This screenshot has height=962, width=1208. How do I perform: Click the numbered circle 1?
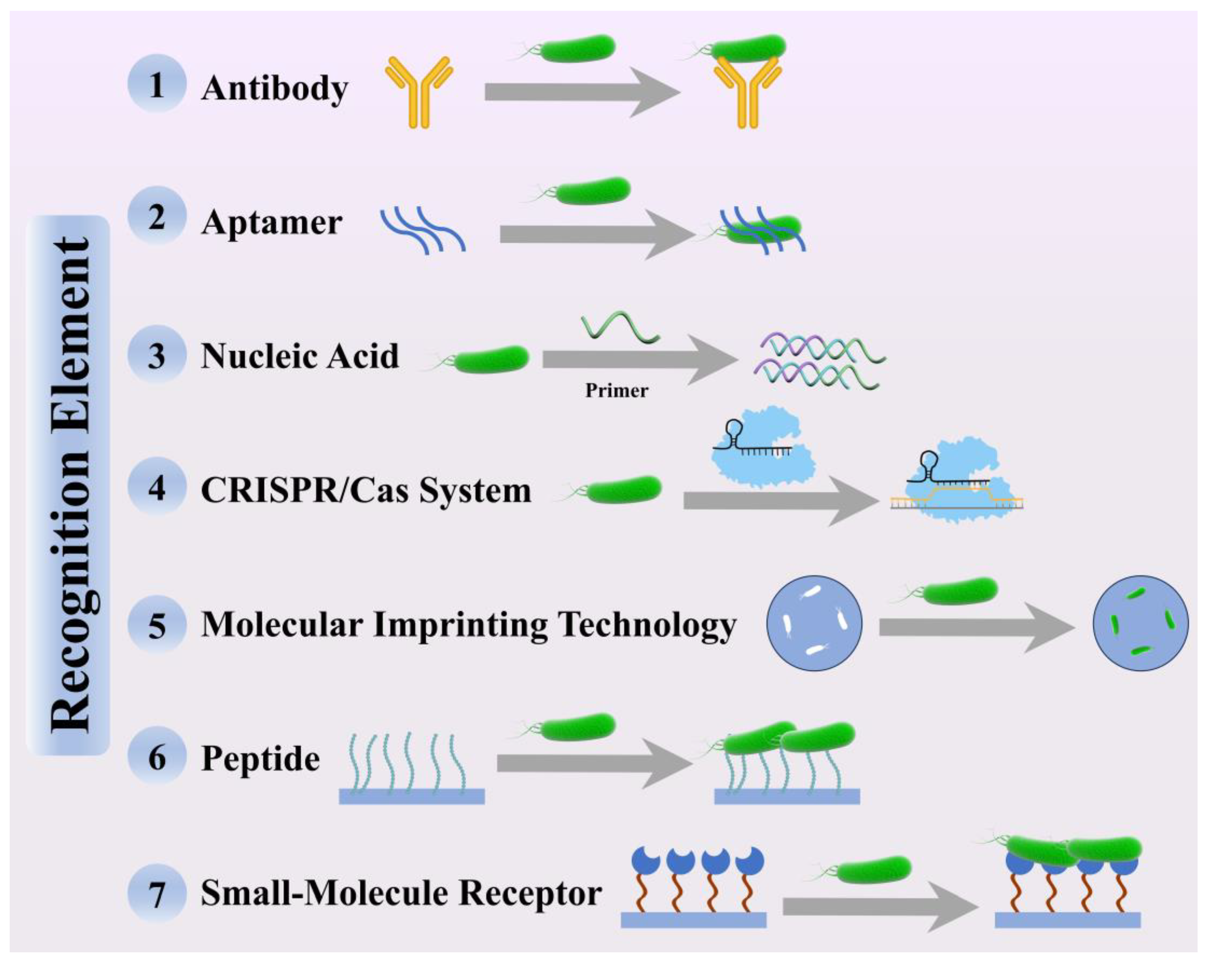157,84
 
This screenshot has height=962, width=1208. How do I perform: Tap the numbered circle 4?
157,487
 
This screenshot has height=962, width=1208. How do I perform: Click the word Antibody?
275,88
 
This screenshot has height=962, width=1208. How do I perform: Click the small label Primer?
616,390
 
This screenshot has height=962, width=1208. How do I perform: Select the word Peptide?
261,759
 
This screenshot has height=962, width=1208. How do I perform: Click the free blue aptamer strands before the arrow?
423,230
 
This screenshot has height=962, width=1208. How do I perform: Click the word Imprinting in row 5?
459,625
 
